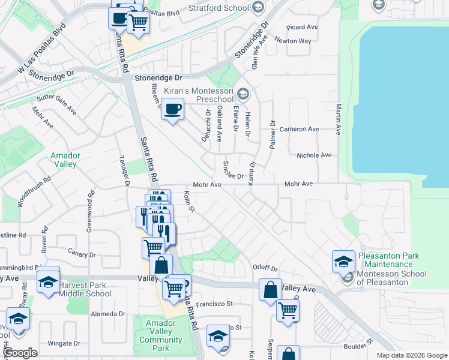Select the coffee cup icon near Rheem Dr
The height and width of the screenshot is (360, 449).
click(173, 109)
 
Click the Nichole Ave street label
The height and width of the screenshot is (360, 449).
click(314, 155)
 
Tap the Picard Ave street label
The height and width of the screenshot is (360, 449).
click(302, 27)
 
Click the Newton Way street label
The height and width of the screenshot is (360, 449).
click(293, 41)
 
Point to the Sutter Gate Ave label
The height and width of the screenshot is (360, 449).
click(56, 104)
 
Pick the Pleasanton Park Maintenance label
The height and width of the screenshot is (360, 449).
click(390, 260)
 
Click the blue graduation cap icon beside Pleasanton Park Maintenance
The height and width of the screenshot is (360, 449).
click(343, 261)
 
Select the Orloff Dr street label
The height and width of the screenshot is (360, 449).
click(266, 268)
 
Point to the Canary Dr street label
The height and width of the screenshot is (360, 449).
click(82, 254)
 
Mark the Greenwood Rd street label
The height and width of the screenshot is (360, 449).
click(91, 211)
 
